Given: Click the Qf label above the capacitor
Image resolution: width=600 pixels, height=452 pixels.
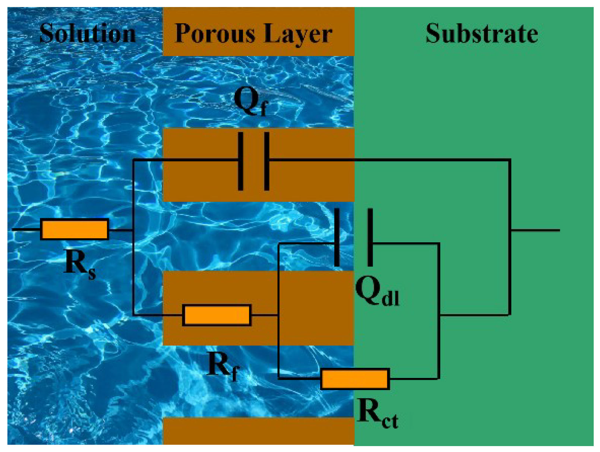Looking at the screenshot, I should (x=251, y=102).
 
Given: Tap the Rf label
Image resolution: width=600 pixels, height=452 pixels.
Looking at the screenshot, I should (x=223, y=366).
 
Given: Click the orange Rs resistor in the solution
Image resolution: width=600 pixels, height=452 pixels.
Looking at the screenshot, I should (x=75, y=229).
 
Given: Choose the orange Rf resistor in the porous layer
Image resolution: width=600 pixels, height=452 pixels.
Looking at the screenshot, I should (x=217, y=315).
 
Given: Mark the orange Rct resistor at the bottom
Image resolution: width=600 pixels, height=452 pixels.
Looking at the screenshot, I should (x=355, y=379).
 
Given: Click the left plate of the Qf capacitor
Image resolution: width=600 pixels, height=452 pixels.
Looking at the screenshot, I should (x=240, y=161).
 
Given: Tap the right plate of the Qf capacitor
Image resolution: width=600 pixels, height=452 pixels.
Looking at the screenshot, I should (x=266, y=161).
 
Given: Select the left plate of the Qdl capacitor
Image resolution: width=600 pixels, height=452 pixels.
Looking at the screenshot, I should (x=337, y=237).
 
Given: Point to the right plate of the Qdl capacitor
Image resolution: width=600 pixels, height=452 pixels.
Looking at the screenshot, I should (x=370, y=237).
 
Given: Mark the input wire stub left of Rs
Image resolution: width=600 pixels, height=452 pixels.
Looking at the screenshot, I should (x=26, y=230).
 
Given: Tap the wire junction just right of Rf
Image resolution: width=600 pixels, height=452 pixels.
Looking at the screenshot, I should (x=279, y=315).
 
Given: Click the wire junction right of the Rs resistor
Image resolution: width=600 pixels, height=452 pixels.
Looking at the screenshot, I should (x=133, y=230).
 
